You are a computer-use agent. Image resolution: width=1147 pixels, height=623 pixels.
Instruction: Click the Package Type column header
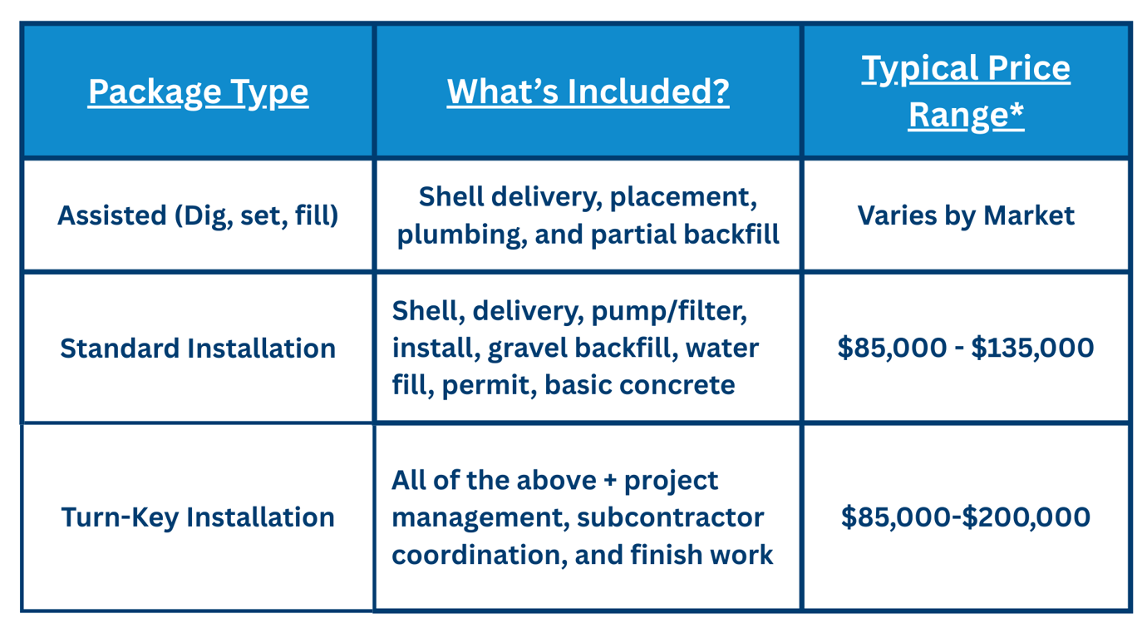[198, 92]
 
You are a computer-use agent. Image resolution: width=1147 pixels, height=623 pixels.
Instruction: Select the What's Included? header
[588, 91]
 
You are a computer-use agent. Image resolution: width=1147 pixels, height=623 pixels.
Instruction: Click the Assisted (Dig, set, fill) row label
[198, 215]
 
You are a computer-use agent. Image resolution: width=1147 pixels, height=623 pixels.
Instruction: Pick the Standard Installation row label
[198, 349]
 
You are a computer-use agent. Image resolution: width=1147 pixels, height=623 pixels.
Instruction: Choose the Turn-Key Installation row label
[198, 517]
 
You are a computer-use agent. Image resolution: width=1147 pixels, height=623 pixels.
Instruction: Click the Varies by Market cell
[966, 215]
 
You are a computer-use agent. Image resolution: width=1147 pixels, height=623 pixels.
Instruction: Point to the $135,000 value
[1032, 348]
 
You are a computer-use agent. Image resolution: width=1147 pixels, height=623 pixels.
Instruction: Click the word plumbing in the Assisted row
[462, 235]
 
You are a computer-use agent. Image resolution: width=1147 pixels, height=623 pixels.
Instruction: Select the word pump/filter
[669, 311]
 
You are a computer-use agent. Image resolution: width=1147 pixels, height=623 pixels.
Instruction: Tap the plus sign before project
[610, 482]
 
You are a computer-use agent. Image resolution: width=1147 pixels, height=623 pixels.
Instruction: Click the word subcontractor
[670, 517]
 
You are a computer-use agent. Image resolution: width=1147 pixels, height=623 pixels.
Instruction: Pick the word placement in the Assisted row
[683, 197]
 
